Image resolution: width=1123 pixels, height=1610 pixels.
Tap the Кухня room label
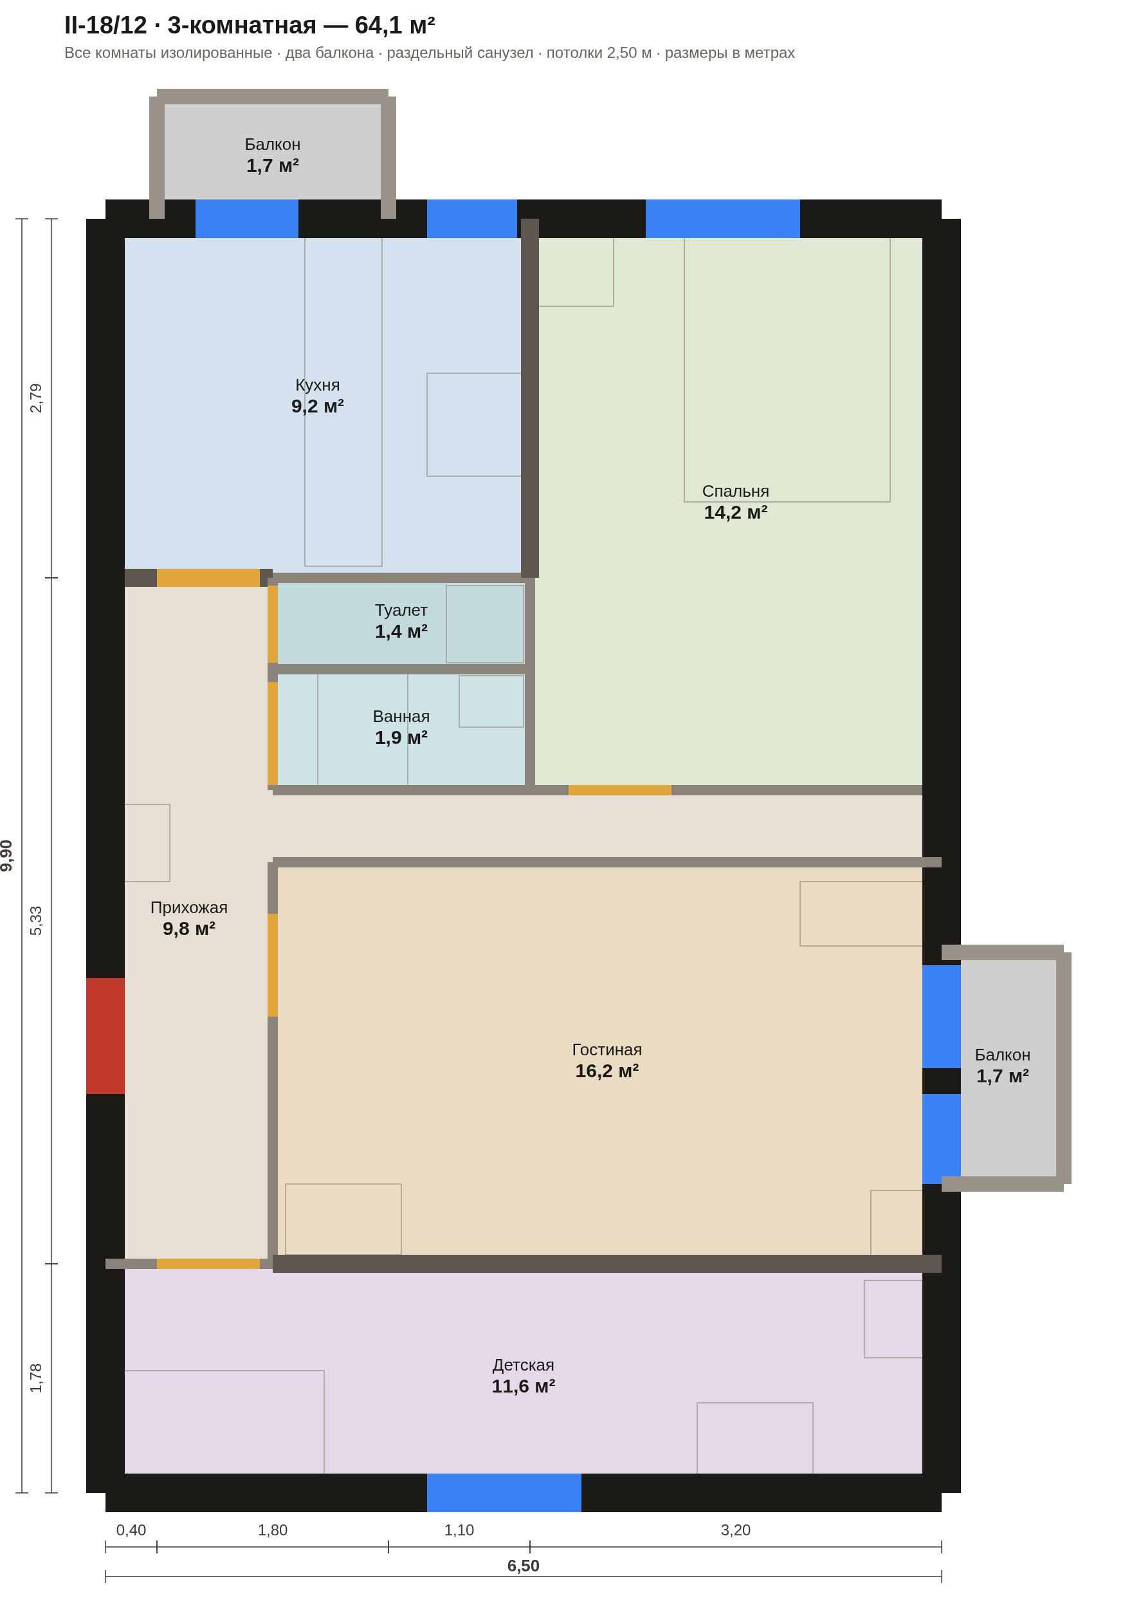click(318, 385)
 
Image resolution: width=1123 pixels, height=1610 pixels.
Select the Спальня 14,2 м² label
click(735, 501)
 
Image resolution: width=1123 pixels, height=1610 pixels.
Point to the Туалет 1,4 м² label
click(401, 620)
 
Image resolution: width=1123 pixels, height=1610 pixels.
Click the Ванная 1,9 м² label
click(401, 726)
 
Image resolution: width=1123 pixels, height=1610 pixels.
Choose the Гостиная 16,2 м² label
click(607, 1060)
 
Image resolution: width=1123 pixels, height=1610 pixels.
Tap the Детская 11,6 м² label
click(523, 1375)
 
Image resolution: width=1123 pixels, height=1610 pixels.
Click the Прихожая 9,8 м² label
click(188, 917)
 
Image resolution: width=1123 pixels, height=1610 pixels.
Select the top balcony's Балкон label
click(273, 144)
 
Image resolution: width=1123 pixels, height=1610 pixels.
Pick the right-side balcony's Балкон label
click(1003, 1055)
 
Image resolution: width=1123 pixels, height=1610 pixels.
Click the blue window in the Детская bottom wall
click(504, 1492)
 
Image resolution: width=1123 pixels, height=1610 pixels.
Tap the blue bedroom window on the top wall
click(723, 219)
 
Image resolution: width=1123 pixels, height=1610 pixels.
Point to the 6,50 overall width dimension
click(523, 1566)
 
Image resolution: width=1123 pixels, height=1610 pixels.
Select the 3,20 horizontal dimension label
click(735, 1530)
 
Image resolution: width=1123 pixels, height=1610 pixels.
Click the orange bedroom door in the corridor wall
click(619, 790)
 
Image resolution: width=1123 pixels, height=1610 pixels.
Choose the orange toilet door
click(273, 624)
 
